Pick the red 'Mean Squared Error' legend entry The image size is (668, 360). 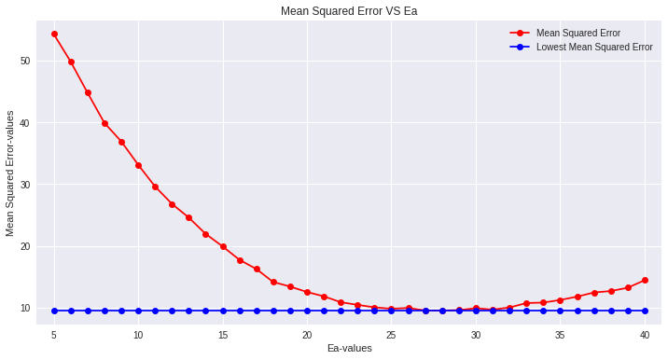(578, 33)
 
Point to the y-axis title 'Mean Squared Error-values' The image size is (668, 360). (10, 173)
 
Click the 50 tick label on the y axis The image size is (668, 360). (24, 61)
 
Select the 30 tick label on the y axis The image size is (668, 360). (24, 185)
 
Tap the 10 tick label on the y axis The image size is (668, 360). (24, 308)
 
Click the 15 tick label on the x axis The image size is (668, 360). (223, 335)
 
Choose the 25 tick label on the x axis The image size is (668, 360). (392, 335)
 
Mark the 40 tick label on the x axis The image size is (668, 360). (645, 335)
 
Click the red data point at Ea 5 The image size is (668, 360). (54, 34)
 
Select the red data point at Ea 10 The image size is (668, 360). (138, 165)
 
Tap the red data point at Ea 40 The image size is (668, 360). (645, 280)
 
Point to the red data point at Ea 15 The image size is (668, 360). (223, 246)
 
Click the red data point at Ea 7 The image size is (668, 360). (88, 92)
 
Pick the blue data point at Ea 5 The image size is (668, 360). (54, 311)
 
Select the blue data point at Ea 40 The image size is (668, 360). (645, 311)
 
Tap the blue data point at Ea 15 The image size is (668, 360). (223, 311)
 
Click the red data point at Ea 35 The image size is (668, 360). (560, 300)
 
